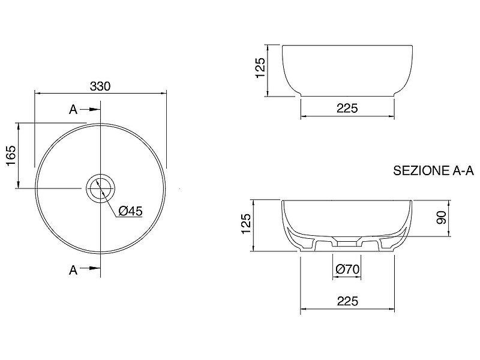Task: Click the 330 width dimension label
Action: pyautogui.click(x=100, y=86)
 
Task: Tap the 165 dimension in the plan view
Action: pyautogui.click(x=11, y=156)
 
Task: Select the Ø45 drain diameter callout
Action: pyautogui.click(x=130, y=211)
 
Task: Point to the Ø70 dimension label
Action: pyautogui.click(x=347, y=269)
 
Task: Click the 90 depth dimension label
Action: pyautogui.click(x=442, y=218)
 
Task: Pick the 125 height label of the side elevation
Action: pyautogui.click(x=260, y=68)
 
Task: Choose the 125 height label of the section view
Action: pyautogui.click(x=246, y=224)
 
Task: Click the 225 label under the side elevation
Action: pyautogui.click(x=347, y=109)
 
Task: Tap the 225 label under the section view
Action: pyautogui.click(x=347, y=302)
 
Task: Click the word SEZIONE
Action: pyautogui.click(x=422, y=171)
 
